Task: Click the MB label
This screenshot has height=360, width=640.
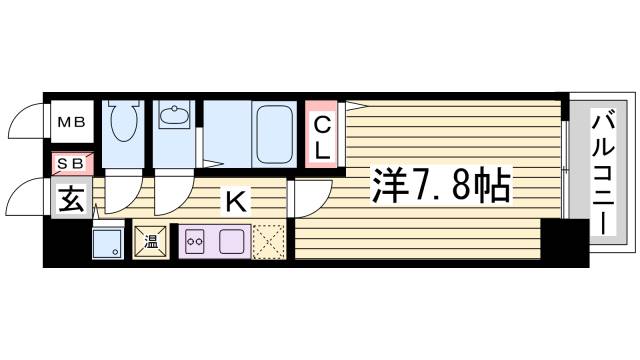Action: (x=73, y=123)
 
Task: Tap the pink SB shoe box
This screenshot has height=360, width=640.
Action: (x=73, y=161)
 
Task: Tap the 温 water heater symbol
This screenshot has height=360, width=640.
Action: (x=152, y=241)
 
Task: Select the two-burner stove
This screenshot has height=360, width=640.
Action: (x=196, y=241)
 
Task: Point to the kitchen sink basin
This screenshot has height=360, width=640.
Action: (x=231, y=241)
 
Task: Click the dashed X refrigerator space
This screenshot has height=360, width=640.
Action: (x=269, y=241)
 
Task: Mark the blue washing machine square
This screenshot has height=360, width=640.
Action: (x=106, y=242)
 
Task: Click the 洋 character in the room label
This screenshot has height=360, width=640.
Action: (x=390, y=185)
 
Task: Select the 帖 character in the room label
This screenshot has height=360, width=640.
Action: (x=492, y=185)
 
